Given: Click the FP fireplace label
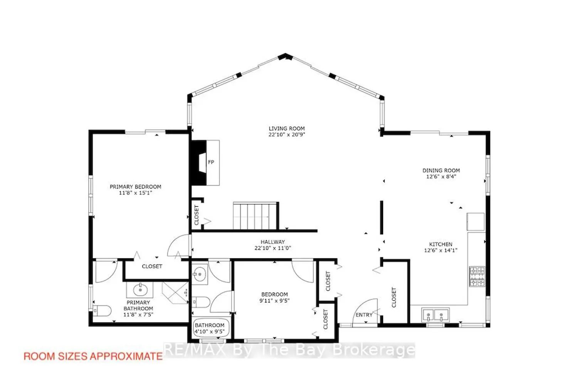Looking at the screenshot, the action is pyautogui.click(x=211, y=162).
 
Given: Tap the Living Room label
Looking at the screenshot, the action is pyautogui.click(x=287, y=129).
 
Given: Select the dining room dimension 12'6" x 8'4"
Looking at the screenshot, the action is pyautogui.click(x=441, y=176).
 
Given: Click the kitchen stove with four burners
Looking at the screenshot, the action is pyautogui.click(x=477, y=277).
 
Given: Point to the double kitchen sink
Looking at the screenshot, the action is pyautogui.click(x=435, y=315).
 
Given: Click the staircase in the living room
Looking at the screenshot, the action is pyautogui.click(x=256, y=216).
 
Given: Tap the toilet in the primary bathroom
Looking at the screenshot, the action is pyautogui.click(x=102, y=311).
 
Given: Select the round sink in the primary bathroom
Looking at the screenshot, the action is pyautogui.click(x=140, y=290).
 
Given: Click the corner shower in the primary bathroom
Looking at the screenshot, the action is pyautogui.click(x=175, y=293).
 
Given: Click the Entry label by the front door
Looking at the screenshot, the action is pyautogui.click(x=364, y=315).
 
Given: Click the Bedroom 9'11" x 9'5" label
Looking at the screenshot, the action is pyautogui.click(x=274, y=298).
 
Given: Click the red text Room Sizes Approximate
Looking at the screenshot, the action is pyautogui.click(x=93, y=356).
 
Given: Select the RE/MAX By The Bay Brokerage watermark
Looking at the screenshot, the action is pyautogui.click(x=289, y=350).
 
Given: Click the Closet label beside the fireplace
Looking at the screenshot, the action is pyautogui.click(x=197, y=215).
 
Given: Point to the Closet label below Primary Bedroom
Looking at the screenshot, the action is pyautogui.click(x=152, y=266).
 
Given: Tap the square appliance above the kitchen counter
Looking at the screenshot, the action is pyautogui.click(x=476, y=222).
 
